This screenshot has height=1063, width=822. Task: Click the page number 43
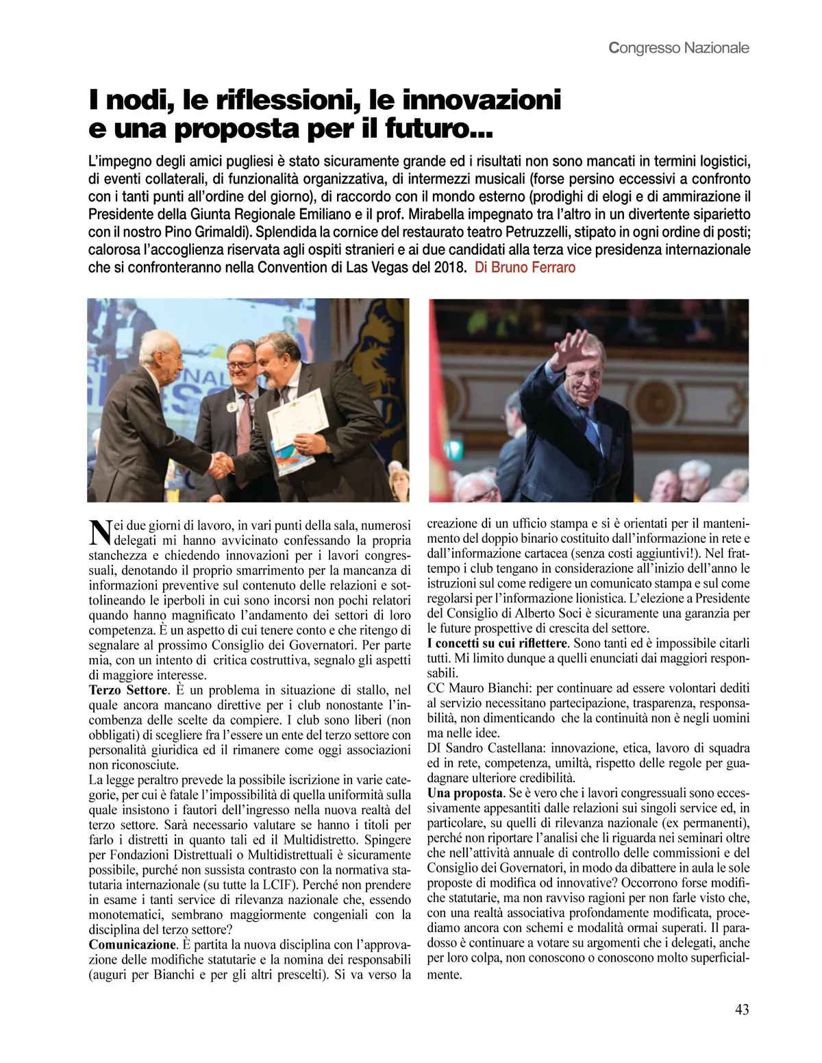741,1010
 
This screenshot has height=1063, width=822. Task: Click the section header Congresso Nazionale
678,48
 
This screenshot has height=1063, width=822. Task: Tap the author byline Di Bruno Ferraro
525,267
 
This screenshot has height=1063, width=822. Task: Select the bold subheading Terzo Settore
128,690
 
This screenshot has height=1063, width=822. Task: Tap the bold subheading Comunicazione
133,944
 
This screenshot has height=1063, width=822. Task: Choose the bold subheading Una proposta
465,793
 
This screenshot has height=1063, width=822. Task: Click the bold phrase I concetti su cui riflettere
497,643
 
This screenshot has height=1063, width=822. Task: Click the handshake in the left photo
221,465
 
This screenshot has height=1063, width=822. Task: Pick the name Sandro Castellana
493,748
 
